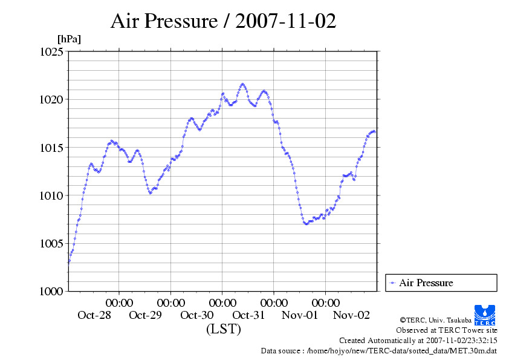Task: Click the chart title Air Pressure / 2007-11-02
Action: point(223,22)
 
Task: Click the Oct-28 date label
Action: point(94,315)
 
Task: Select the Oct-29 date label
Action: point(146,315)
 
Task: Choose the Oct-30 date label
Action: point(197,315)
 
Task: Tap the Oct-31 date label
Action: point(248,315)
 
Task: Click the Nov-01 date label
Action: point(300,315)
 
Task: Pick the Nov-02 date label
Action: point(351,315)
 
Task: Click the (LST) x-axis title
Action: point(223,329)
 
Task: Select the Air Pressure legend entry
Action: point(426,283)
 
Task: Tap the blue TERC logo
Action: point(485,315)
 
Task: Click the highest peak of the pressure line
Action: point(243,84)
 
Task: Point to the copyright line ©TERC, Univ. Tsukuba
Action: point(435,320)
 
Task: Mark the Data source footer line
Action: point(378,350)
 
